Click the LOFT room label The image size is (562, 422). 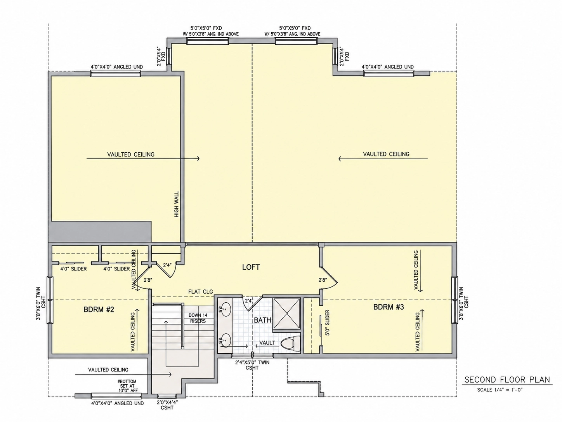(x=251, y=267)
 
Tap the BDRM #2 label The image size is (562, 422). (x=99, y=310)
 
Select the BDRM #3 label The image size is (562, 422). (x=389, y=307)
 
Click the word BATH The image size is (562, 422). (x=262, y=320)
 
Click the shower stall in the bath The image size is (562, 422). (x=287, y=313)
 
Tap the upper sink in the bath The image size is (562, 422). (x=225, y=309)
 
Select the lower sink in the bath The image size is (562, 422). (x=225, y=340)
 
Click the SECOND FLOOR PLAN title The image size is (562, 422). (x=507, y=380)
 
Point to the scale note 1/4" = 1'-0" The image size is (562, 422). (x=500, y=390)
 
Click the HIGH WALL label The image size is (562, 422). (x=177, y=204)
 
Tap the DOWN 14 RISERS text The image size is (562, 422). (x=198, y=318)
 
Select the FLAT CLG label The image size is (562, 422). (x=201, y=291)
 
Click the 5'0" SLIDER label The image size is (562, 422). (x=327, y=323)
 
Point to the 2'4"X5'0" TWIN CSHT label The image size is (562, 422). (x=252, y=365)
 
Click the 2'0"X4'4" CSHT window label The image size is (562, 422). (x=167, y=405)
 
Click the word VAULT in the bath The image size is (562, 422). (x=267, y=343)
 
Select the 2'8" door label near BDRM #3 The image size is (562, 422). (x=323, y=280)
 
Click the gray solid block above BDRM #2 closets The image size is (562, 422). (x=100, y=231)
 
